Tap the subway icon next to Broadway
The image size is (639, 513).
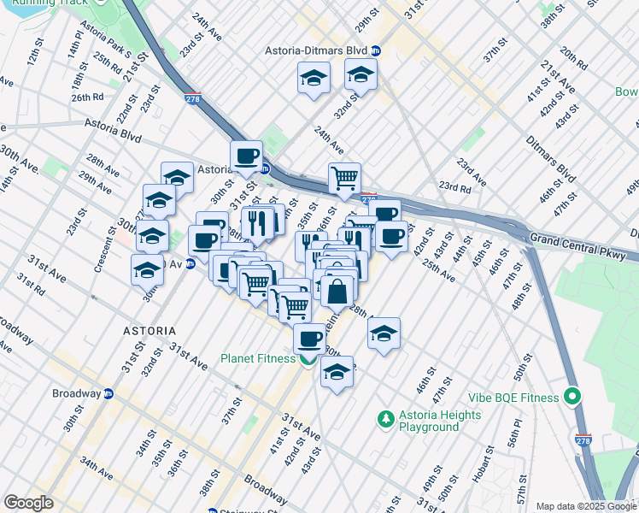(x=108, y=394)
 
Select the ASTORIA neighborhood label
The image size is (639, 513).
(x=149, y=331)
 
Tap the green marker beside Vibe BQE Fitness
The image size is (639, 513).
(x=572, y=398)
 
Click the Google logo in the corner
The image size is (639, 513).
(x=28, y=502)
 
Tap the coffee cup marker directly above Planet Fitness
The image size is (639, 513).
(x=309, y=338)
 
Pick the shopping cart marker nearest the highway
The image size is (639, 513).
(x=344, y=179)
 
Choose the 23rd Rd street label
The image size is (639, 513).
(x=455, y=186)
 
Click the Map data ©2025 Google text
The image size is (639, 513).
(x=585, y=506)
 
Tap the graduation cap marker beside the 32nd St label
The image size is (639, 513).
(x=361, y=74)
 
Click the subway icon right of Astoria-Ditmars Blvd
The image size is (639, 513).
(x=376, y=50)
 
